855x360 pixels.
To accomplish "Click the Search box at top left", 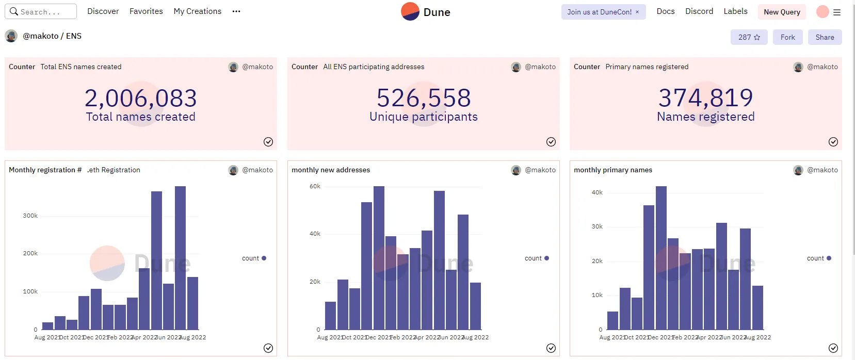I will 41,11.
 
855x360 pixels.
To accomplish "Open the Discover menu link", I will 103,11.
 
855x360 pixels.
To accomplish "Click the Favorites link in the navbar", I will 146,11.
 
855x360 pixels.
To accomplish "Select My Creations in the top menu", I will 198,11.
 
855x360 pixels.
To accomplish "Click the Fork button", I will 787,37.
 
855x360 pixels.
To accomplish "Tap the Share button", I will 825,37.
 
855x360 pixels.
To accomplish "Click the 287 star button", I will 749,37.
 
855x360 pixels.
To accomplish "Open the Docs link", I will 666,11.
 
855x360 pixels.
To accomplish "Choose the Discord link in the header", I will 699,11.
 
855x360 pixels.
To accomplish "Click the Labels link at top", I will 735,11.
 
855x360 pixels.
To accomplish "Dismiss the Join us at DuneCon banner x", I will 637,12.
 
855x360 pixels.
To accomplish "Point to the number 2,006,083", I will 141,98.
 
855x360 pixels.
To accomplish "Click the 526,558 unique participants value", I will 424,98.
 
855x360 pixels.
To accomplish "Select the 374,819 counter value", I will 706,97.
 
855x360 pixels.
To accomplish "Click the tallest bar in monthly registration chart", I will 180,258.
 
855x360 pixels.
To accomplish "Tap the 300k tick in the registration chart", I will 30,216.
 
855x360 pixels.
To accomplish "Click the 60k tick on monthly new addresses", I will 315,186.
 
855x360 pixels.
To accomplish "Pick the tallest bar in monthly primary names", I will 661,258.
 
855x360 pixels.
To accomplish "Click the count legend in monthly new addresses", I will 534,258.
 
